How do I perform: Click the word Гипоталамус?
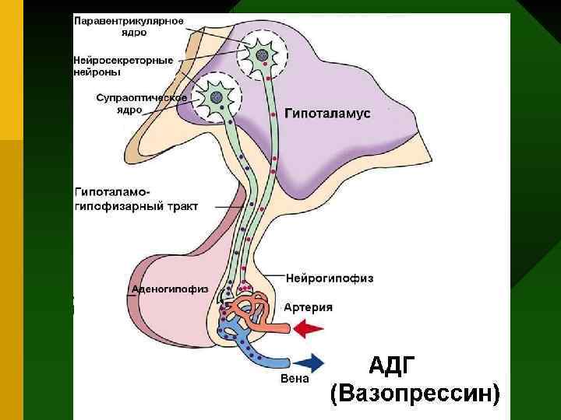[327, 113]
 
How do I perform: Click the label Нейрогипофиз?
[330, 278]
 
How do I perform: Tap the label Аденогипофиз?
[170, 289]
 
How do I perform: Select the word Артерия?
[308, 307]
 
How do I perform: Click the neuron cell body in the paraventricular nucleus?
[263, 56]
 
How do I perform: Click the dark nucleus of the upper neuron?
[263, 56]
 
